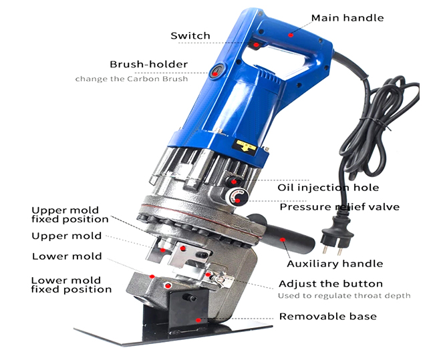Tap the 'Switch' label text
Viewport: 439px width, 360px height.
[190, 35]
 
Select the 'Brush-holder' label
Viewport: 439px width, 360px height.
[148, 64]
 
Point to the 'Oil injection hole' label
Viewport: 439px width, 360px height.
[328, 188]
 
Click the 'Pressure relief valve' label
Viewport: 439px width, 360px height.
[339, 206]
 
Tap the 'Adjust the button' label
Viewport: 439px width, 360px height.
[331, 283]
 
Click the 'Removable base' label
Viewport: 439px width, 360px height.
[327, 316]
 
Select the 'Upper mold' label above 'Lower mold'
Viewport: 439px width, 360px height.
[67, 236]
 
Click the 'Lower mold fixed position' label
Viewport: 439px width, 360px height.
[71, 285]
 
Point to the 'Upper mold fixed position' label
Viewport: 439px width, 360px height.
[69, 214]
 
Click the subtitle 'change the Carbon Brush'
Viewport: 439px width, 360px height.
[131, 79]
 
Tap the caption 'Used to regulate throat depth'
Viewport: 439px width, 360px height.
[344, 296]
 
